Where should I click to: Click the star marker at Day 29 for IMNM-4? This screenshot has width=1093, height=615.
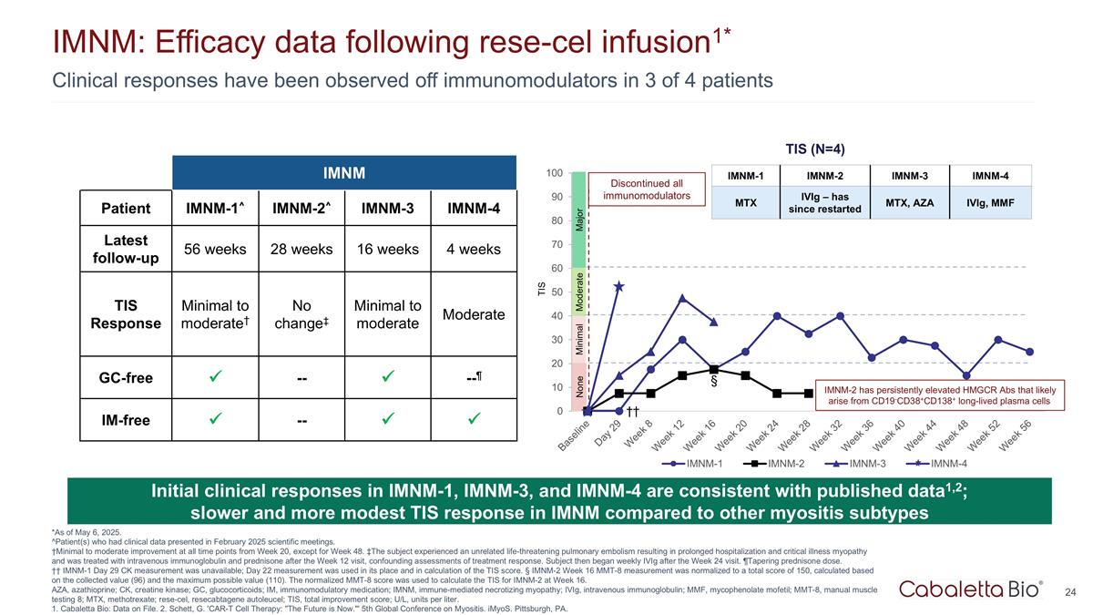click(619, 287)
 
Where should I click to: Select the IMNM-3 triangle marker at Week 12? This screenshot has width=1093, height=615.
click(682, 299)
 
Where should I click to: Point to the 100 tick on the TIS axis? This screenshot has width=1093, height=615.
click(553, 173)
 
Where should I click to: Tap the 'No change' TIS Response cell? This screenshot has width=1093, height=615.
click(301, 314)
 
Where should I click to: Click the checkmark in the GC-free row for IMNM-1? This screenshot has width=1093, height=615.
click(215, 378)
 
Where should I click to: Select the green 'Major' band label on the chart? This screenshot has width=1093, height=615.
click(579, 219)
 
